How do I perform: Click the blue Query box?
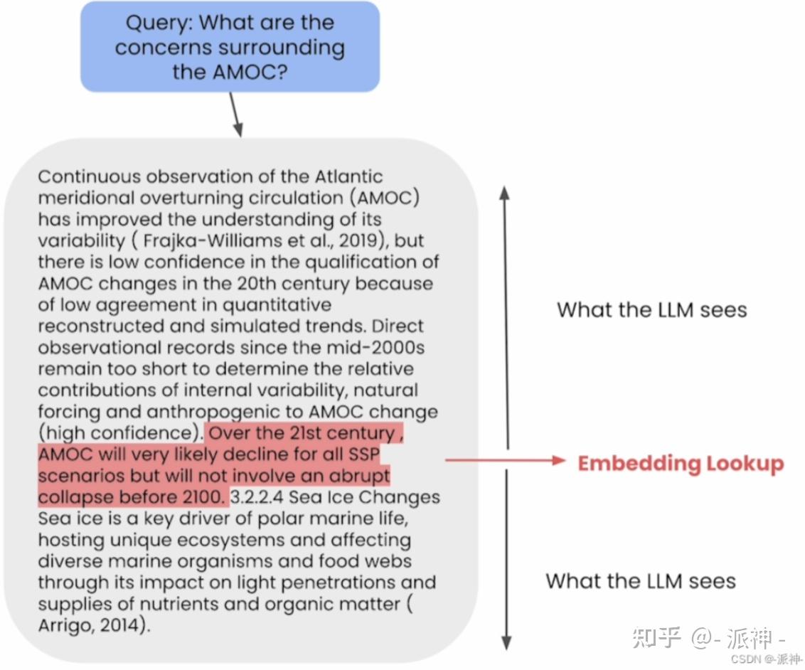click(230, 47)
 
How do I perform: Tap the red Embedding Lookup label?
click(681, 464)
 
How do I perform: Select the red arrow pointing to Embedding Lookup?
click(505, 461)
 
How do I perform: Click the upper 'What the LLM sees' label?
click(651, 309)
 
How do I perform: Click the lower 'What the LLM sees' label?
click(641, 580)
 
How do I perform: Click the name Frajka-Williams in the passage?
click(193, 240)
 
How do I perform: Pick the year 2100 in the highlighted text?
click(203, 497)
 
